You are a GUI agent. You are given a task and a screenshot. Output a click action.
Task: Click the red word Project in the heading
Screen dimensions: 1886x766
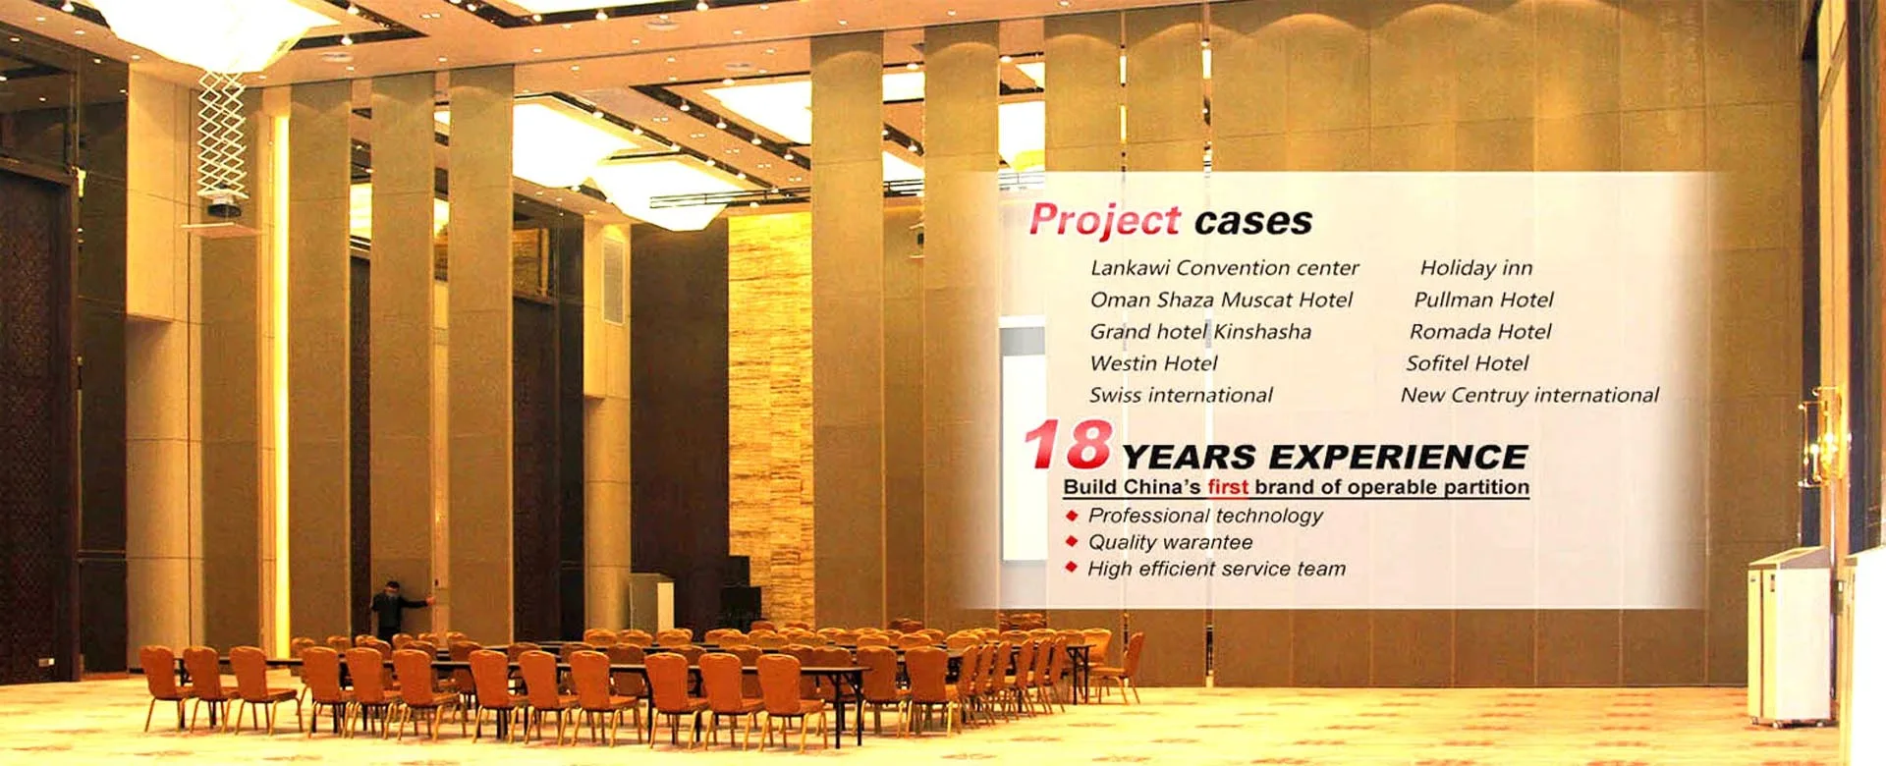point(1105,219)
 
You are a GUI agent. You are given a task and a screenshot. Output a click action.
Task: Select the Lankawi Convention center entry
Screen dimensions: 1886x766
point(1225,267)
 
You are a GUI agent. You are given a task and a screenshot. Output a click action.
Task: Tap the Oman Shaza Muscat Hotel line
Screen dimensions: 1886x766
point(1222,300)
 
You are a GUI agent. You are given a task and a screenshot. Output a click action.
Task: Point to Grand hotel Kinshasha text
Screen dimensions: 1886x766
point(1200,331)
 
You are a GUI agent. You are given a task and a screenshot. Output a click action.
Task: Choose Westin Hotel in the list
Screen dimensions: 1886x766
point(1154,363)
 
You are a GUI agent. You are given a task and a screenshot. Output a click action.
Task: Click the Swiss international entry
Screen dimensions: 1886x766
point(1181,395)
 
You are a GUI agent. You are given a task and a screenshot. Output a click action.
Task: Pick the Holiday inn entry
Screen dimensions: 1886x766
point(1476,267)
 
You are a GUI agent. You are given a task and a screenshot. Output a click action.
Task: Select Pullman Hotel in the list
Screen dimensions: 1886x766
point(1484,300)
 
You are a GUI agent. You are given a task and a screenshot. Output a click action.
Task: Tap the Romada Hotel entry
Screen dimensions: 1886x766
point(1480,331)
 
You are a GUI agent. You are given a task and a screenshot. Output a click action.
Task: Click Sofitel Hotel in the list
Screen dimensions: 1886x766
point(1468,363)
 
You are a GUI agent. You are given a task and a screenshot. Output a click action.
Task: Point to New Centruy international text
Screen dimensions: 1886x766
point(1529,395)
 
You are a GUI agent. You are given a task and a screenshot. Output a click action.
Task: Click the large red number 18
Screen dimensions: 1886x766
point(1068,445)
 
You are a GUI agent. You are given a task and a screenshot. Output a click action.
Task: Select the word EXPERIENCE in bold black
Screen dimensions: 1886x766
point(1398,457)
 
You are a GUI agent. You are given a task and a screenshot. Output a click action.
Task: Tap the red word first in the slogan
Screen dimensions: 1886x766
point(1228,487)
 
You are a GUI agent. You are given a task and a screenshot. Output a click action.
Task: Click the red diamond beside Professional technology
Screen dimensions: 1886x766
point(1072,515)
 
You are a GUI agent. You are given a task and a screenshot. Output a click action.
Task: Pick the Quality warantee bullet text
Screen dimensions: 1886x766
point(1170,542)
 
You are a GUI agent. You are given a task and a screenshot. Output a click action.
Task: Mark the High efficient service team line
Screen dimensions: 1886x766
point(1216,569)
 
